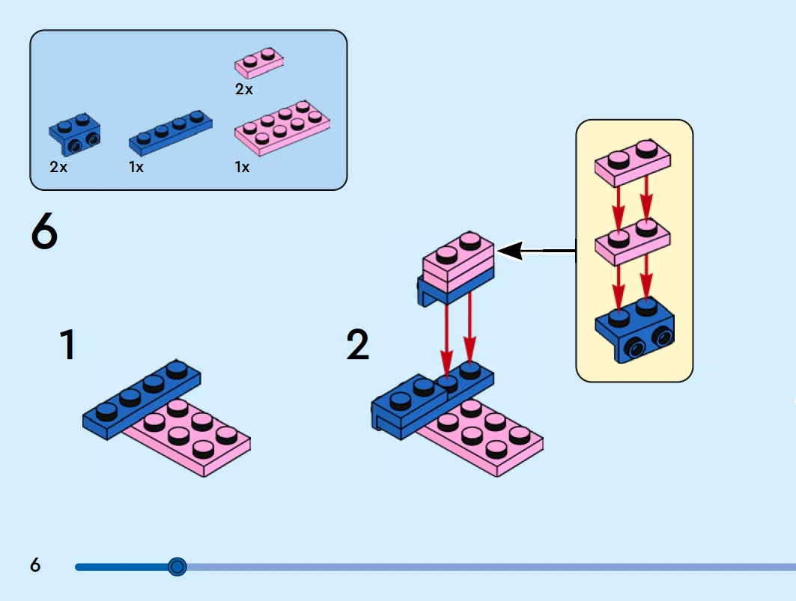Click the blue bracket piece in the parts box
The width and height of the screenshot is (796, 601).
pos(76,132)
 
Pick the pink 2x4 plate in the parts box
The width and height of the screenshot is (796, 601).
pos(282,128)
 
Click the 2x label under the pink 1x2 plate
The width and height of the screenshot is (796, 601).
pos(244,89)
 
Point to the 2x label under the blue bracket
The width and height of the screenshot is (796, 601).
pos(58,167)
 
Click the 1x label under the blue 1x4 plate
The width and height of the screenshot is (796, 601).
pos(136,167)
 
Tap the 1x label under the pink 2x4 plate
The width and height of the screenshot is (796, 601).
pos(242,167)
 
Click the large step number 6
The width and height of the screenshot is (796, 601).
pos(44,232)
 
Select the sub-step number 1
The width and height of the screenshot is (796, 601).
pos(68,346)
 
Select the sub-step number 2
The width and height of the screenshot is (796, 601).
pos(358,346)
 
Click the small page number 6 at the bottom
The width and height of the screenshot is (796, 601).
pos(35,564)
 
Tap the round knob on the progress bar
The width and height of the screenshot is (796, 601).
pos(177,567)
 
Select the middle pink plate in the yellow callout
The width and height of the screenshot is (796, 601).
pos(633,241)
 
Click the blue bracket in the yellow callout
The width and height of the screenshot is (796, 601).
pos(635,329)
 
